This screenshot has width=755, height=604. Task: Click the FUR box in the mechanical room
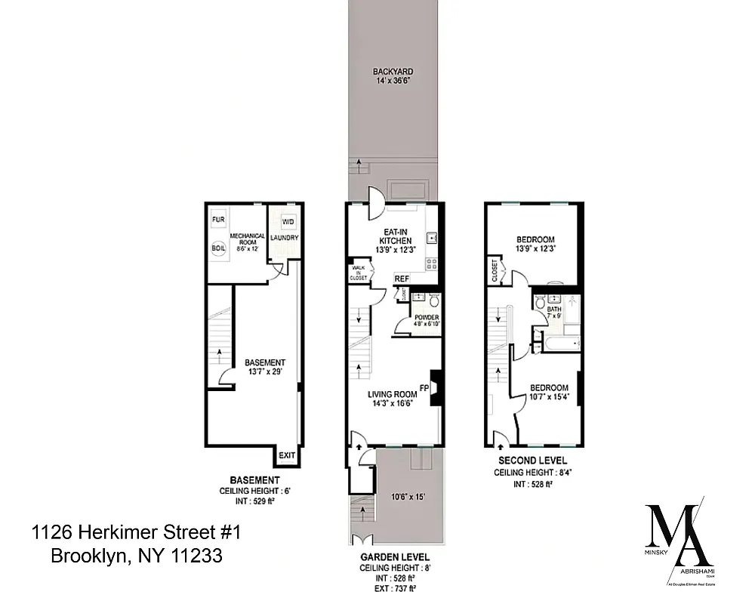(218, 220)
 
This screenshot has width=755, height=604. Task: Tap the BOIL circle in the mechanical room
(218, 248)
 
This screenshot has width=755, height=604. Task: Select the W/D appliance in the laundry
(288, 221)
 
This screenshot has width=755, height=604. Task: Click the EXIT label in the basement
(287, 455)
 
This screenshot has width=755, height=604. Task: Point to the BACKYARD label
(393, 72)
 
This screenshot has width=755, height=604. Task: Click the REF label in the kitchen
(402, 279)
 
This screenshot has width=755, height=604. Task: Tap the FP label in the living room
(424, 389)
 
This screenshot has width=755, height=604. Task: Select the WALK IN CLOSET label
(358, 273)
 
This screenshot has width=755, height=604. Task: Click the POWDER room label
(427, 317)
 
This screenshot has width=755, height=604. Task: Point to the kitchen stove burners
(433, 264)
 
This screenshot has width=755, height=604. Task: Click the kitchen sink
(433, 239)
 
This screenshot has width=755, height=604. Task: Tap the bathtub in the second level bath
(559, 344)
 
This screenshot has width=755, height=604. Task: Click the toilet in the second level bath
(541, 304)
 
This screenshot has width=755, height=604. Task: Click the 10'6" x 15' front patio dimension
(408, 496)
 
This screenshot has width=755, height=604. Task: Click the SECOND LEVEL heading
(532, 460)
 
